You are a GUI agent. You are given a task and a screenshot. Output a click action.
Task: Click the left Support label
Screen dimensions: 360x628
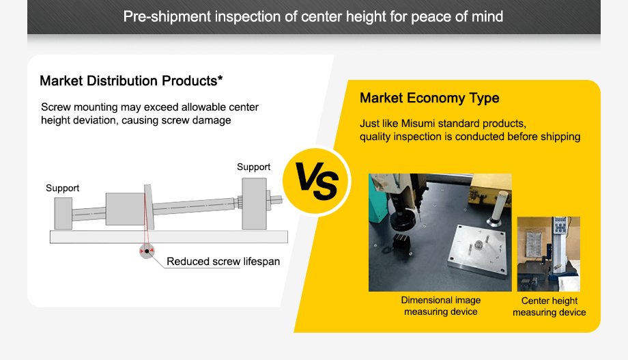click(x=63, y=188)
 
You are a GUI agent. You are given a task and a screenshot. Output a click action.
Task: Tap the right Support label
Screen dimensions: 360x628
click(x=253, y=167)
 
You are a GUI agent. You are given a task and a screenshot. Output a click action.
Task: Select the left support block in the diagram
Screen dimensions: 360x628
click(x=63, y=214)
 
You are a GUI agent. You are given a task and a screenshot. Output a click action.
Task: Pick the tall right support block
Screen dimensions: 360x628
click(x=253, y=203)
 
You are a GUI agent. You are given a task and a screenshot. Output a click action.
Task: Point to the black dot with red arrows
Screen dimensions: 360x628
click(x=146, y=251)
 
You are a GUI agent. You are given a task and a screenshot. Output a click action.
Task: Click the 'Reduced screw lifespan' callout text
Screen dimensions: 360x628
click(x=223, y=262)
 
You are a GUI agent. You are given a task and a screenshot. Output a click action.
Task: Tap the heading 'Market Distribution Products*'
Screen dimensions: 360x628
click(x=132, y=81)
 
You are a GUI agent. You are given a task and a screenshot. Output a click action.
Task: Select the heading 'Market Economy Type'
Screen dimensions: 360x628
click(x=429, y=98)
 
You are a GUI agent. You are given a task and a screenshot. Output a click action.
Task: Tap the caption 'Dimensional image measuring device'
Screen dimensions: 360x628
click(x=440, y=306)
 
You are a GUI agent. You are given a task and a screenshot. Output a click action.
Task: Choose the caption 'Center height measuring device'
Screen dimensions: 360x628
click(x=549, y=307)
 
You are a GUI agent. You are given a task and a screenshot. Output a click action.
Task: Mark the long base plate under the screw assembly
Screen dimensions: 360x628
click(x=169, y=237)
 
